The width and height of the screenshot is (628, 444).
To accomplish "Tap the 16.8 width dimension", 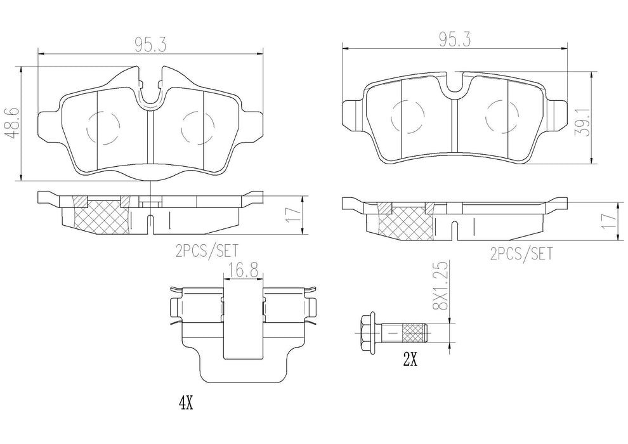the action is pos(243,271).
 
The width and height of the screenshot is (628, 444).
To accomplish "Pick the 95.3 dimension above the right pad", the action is pos(455,41).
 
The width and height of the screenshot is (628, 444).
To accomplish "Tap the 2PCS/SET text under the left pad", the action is pos(207,251).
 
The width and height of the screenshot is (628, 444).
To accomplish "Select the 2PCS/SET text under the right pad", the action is pos(521,254).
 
